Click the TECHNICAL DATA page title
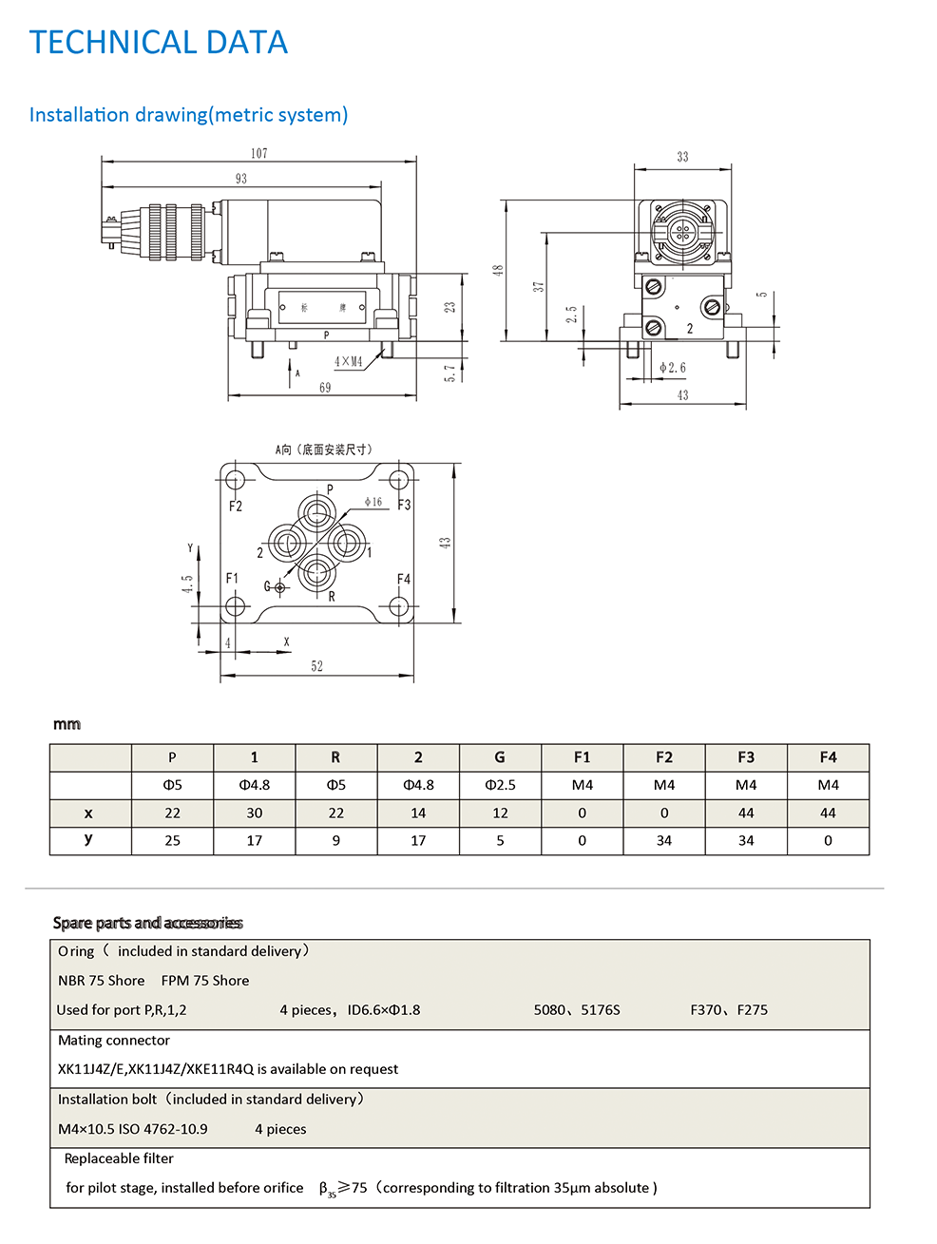pos(158,43)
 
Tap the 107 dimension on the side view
pos(259,153)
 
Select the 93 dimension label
pos(241,179)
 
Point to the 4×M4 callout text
pos(348,362)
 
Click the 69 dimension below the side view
pos(325,388)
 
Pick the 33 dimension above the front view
pos(682,157)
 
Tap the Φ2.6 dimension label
pos(673,368)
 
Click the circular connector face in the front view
pos(682,231)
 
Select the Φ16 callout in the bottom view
pos(373,502)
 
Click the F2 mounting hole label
pos(236,507)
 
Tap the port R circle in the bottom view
pos(316,573)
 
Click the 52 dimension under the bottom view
pos(316,666)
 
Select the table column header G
pos(500,757)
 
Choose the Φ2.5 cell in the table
pos(500,785)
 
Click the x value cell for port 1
pos(254,813)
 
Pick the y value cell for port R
pos(335,840)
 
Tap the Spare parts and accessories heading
pos(147,923)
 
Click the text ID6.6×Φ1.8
pos(383,1010)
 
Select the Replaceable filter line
pos(119,1158)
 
